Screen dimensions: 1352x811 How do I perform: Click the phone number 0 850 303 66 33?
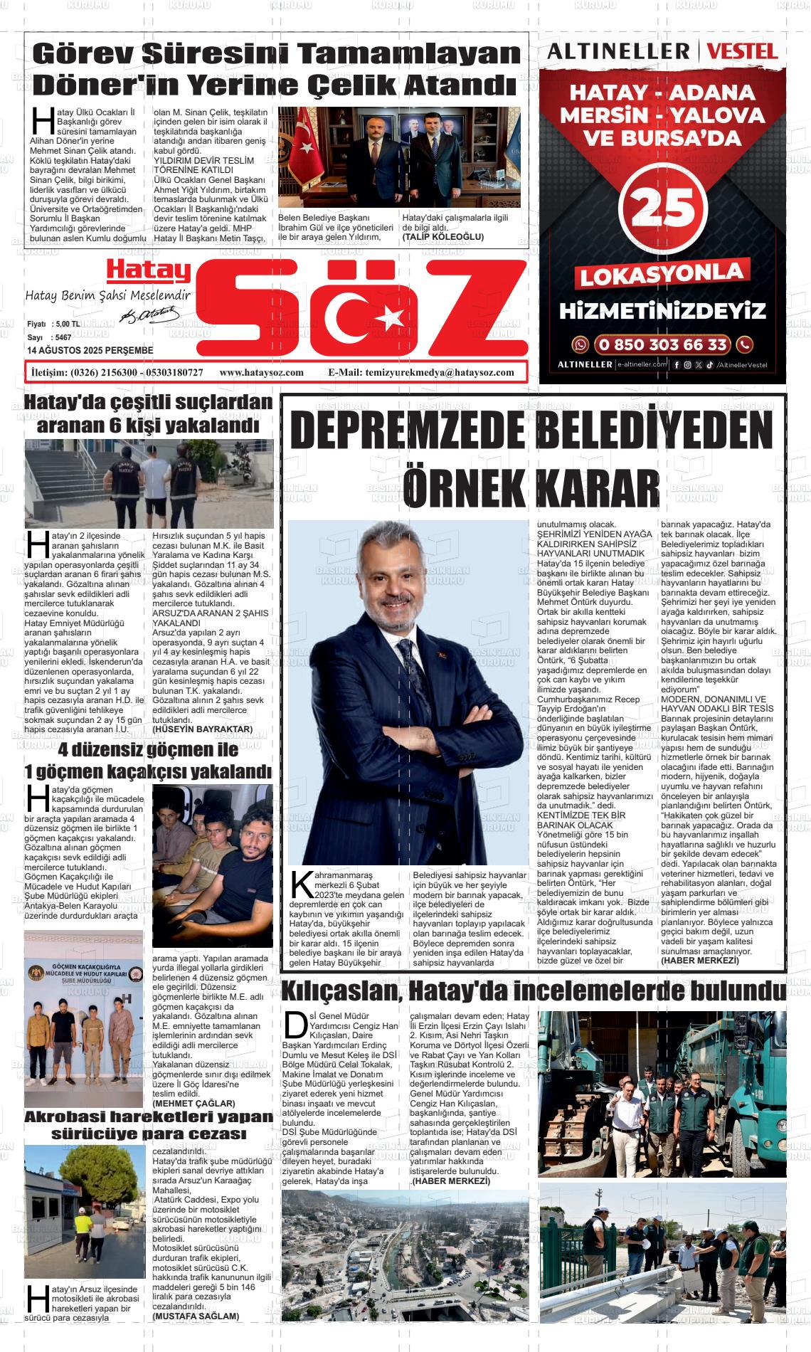(x=662, y=345)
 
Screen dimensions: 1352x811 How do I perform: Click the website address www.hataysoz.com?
(x=262, y=372)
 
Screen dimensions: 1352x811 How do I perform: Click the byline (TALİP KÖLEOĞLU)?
(x=442, y=236)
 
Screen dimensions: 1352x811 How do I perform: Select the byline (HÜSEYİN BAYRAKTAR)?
(x=203, y=729)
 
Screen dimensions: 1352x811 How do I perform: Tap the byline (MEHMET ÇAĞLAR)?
(x=184, y=1103)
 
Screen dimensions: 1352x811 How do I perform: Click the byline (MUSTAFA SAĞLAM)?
(x=196, y=1316)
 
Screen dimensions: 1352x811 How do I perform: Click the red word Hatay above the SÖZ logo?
(x=148, y=270)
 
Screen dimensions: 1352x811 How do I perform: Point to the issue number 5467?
(x=63, y=337)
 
